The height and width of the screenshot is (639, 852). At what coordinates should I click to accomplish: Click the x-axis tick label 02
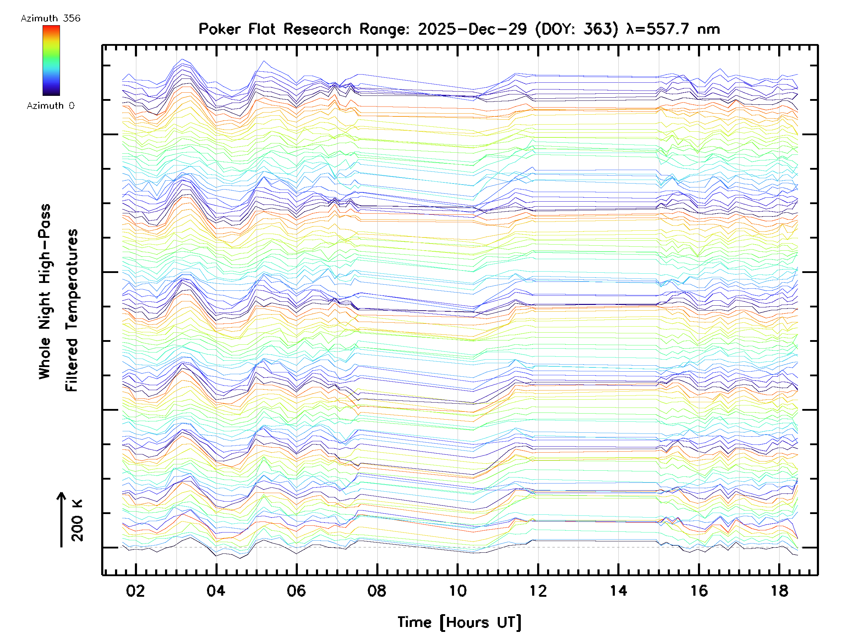135,591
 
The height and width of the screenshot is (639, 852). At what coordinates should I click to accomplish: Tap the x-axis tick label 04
216,591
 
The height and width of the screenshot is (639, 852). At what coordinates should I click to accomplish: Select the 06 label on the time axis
296,591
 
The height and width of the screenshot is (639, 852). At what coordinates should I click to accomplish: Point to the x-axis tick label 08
377,591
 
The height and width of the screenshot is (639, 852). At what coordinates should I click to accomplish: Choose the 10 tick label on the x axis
458,591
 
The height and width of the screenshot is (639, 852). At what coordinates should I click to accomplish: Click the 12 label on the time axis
538,591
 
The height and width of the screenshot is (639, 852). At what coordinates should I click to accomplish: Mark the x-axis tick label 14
618,591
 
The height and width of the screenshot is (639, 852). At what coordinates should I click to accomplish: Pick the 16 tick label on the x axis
699,591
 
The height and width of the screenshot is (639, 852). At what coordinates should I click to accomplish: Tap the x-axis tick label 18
779,591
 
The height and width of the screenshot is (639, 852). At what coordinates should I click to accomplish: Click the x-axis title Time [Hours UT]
459,622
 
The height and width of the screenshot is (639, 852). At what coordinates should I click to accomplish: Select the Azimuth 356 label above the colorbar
50,18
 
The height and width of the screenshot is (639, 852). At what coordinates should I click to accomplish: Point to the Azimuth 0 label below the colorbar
50,106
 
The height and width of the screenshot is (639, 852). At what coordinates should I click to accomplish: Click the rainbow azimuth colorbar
51,60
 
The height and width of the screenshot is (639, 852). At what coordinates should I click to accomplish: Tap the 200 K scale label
77,521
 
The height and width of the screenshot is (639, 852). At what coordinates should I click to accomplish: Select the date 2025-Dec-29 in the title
472,29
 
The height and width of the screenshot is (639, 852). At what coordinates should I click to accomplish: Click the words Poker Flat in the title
236,29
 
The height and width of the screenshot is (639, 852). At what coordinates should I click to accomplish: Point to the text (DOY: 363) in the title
577,29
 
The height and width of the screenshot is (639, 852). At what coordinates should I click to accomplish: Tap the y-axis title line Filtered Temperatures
72,311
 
